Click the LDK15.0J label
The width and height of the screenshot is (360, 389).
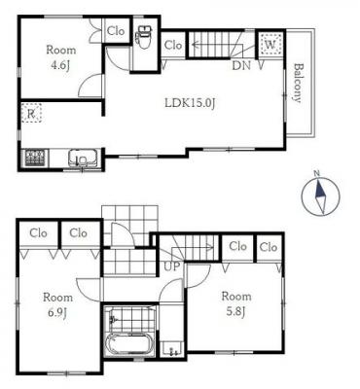(x=191, y=103)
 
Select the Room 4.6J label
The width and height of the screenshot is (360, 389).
(x=61, y=57)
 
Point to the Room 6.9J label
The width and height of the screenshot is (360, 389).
(x=58, y=304)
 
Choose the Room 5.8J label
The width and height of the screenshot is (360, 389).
(x=236, y=303)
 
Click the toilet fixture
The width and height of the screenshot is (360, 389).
(x=144, y=37)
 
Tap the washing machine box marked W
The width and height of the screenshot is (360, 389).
(x=270, y=44)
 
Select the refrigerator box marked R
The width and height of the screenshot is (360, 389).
(x=31, y=113)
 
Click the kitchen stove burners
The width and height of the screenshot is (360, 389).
(x=35, y=158)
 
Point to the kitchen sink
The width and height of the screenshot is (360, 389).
(x=84, y=159)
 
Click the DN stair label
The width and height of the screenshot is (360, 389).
(x=241, y=66)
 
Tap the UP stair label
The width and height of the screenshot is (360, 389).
(x=171, y=266)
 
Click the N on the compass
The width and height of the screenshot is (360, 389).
(x=317, y=173)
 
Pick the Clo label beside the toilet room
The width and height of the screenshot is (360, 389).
(x=116, y=31)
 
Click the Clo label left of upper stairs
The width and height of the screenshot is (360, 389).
(x=173, y=45)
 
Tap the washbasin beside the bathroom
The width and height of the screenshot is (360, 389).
(x=171, y=349)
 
